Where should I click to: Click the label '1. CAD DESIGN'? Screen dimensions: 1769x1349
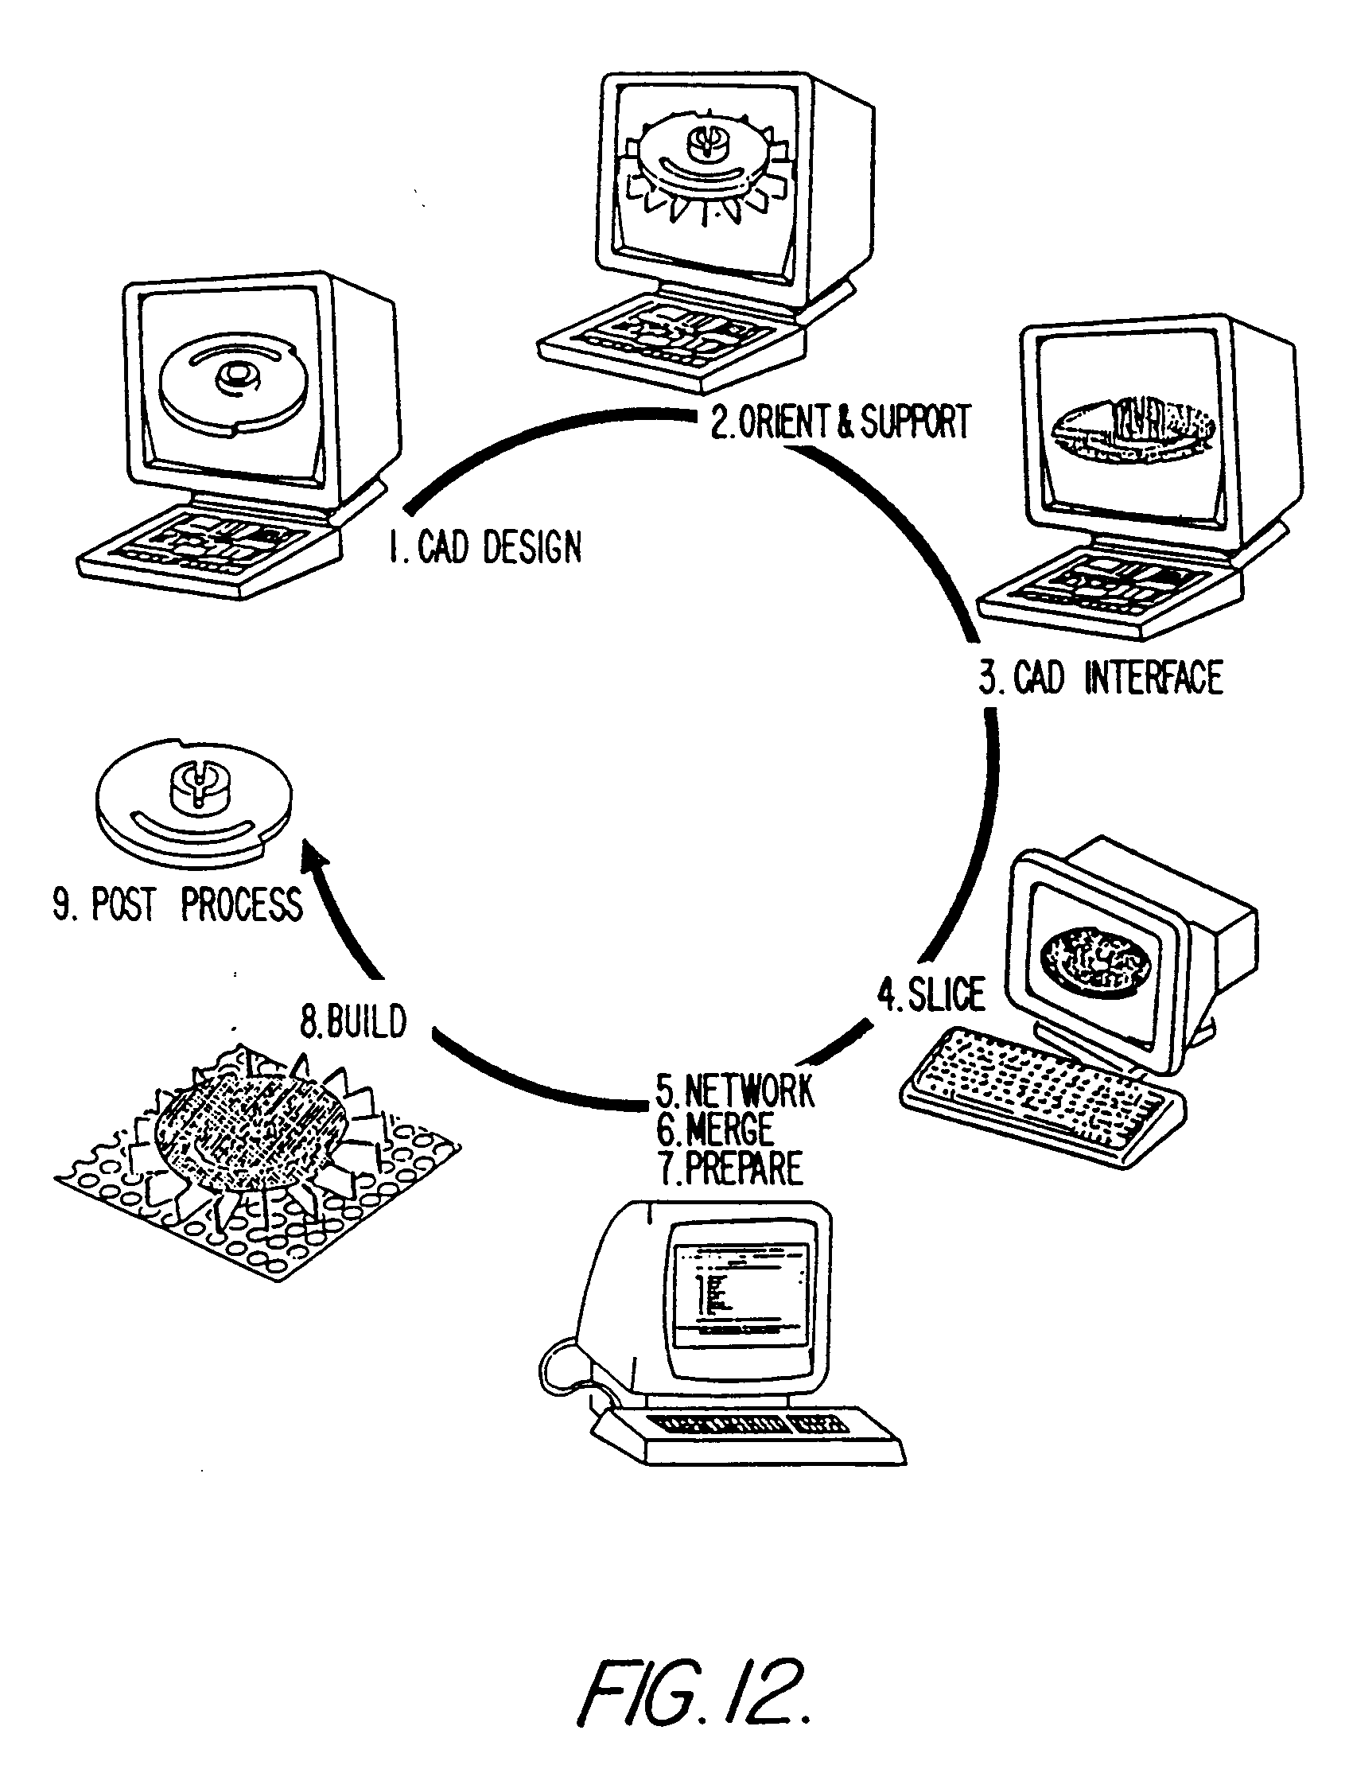tap(484, 548)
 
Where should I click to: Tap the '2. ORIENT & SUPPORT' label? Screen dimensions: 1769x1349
tap(841, 421)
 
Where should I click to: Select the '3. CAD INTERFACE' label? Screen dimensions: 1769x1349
tap(1101, 677)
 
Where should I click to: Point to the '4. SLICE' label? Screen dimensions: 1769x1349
tap(931, 994)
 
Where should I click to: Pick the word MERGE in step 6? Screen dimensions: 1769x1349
tap(729, 1129)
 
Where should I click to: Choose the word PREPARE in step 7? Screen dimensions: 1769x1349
tap(744, 1168)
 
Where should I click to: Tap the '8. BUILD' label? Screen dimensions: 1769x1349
tap(353, 1021)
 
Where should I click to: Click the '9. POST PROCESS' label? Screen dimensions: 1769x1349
tap(177, 904)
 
